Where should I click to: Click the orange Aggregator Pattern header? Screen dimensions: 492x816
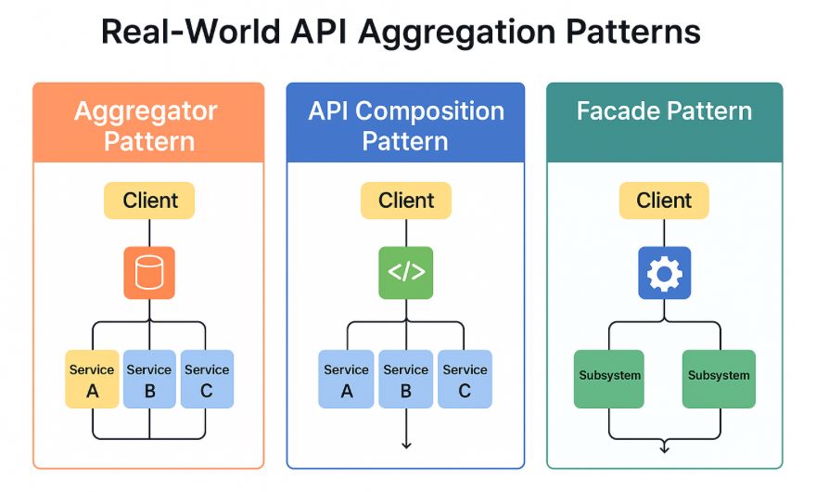[148, 124]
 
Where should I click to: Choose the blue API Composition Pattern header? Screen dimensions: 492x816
[405, 124]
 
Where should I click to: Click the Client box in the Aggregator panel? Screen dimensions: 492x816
[148, 201]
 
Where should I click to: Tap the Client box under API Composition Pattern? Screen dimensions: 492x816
[405, 201]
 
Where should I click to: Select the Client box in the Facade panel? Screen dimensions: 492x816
[664, 201]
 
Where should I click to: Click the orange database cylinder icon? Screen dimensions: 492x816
[148, 273]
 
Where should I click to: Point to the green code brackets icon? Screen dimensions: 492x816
[405, 273]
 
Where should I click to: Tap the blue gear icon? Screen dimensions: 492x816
[664, 273]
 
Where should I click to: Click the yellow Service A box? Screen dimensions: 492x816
[92, 379]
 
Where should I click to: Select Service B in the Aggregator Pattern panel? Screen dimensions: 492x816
[149, 379]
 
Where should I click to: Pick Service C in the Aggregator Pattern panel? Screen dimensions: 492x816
[206, 379]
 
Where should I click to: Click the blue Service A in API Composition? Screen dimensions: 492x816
[347, 379]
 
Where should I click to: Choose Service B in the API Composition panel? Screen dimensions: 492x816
[405, 379]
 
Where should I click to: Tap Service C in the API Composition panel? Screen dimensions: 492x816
[465, 379]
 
